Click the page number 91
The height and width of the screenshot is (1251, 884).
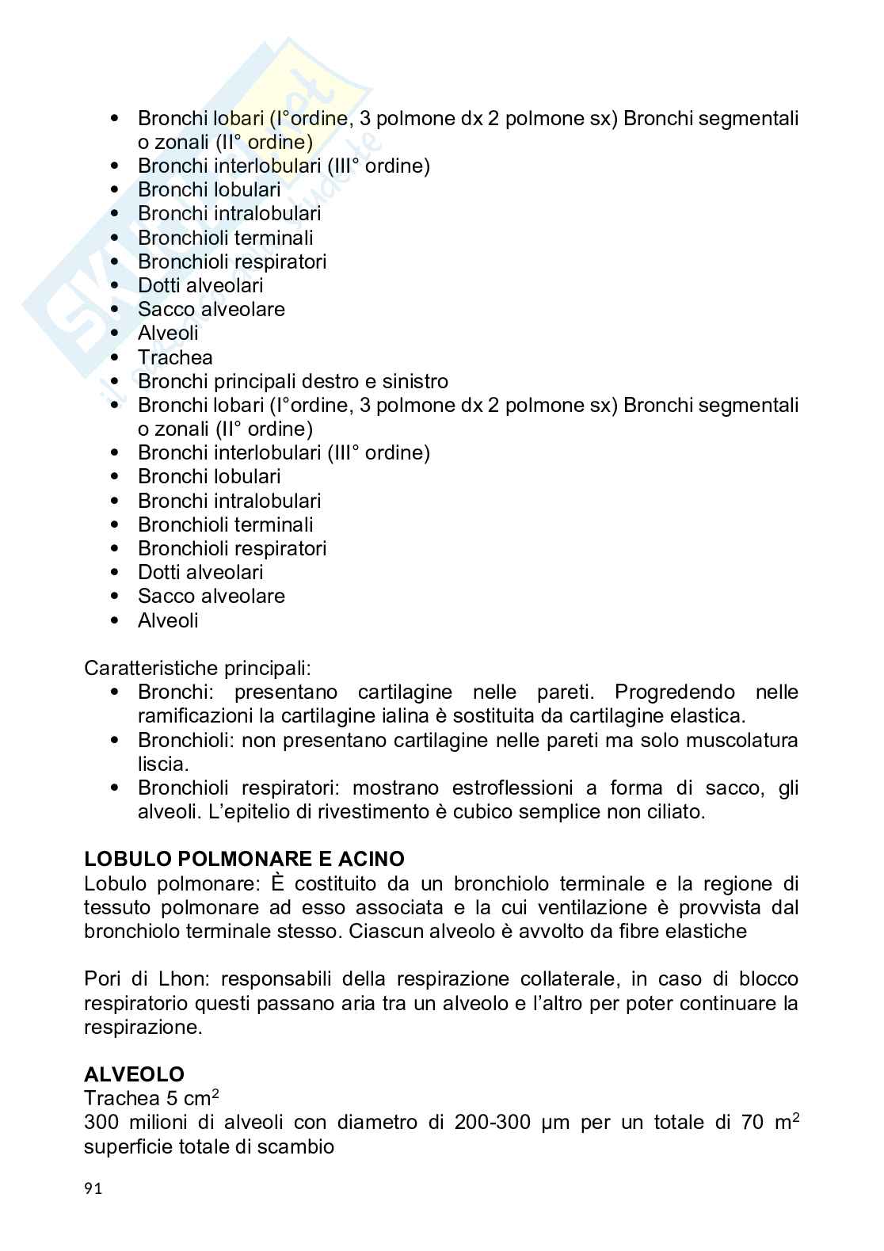[x=93, y=1188]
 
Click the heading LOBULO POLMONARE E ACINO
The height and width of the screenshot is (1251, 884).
[x=244, y=859]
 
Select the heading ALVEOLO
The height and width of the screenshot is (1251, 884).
[x=134, y=1074]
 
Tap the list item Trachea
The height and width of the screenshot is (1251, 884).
[x=175, y=357]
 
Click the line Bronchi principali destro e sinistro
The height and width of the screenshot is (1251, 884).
[x=292, y=381]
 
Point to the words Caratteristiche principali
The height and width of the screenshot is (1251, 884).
[x=197, y=668]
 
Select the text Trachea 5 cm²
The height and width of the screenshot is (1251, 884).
[x=151, y=1098]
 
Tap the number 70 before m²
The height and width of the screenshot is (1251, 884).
[x=752, y=1123]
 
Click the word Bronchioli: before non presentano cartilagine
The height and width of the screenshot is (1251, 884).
[x=186, y=741]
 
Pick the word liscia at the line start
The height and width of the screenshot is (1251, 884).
[x=162, y=765]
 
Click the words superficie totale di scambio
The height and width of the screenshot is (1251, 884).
[x=209, y=1146]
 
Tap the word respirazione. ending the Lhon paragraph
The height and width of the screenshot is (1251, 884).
[x=143, y=1028]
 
